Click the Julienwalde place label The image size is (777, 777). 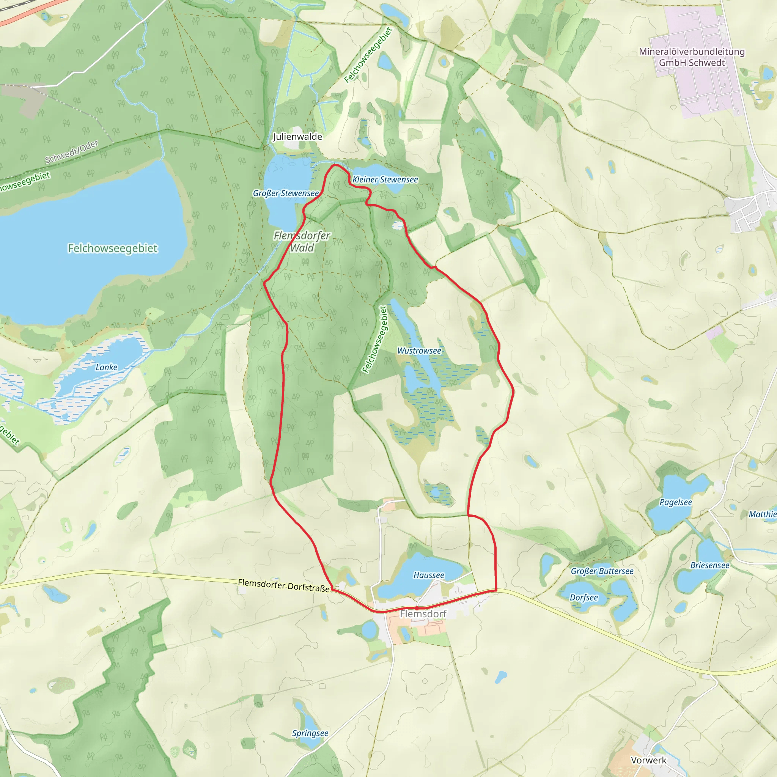tap(297, 137)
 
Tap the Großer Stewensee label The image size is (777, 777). tap(286, 193)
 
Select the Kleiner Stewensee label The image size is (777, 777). tap(385, 180)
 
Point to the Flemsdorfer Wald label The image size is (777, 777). tap(302, 241)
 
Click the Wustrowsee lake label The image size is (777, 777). tap(419, 351)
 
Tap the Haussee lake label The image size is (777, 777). tap(429, 576)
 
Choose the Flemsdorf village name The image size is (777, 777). tap(423, 614)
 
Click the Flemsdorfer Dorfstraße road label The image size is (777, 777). tap(283, 585)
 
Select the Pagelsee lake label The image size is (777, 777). tap(676, 502)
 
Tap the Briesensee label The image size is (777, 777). tap(710, 565)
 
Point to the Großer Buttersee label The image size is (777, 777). tap(602, 571)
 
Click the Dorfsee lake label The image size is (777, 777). tap(584, 598)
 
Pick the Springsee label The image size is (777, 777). tap(310, 733)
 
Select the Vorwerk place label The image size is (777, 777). tap(649, 760)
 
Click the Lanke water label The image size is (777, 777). tap(106, 367)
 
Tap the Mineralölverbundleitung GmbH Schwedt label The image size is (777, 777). tap(692, 57)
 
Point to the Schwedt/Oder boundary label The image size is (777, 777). tap(72, 152)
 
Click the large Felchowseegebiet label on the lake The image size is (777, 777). tap(113, 249)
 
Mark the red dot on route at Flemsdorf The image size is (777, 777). tap(417, 608)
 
